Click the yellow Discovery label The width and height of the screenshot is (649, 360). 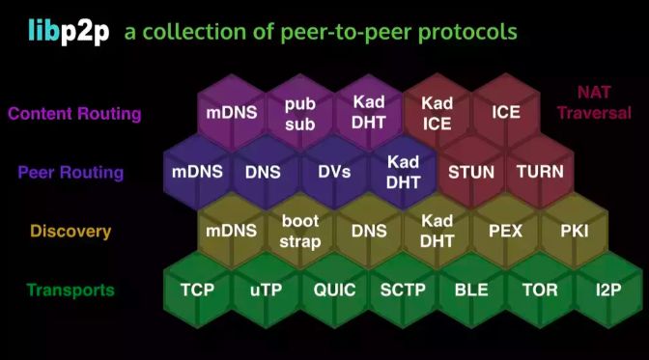point(71,232)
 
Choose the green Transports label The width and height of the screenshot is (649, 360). point(71,290)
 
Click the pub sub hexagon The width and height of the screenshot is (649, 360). point(300,112)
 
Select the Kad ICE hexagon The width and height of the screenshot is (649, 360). point(437,112)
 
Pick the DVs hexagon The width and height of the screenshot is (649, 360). point(333,173)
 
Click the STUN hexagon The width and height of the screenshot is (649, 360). point(471,173)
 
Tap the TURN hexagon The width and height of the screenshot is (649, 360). point(540,173)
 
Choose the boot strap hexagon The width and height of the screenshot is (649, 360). point(300,232)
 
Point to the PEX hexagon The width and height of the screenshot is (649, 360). point(505,232)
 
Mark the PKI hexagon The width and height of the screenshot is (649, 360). point(574,232)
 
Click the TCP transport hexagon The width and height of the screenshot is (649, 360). point(197,290)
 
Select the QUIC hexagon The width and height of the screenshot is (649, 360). point(334,290)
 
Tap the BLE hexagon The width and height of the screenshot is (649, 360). point(471,290)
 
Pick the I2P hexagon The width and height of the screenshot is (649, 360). point(608,290)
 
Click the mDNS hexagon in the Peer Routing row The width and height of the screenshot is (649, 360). point(197,173)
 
